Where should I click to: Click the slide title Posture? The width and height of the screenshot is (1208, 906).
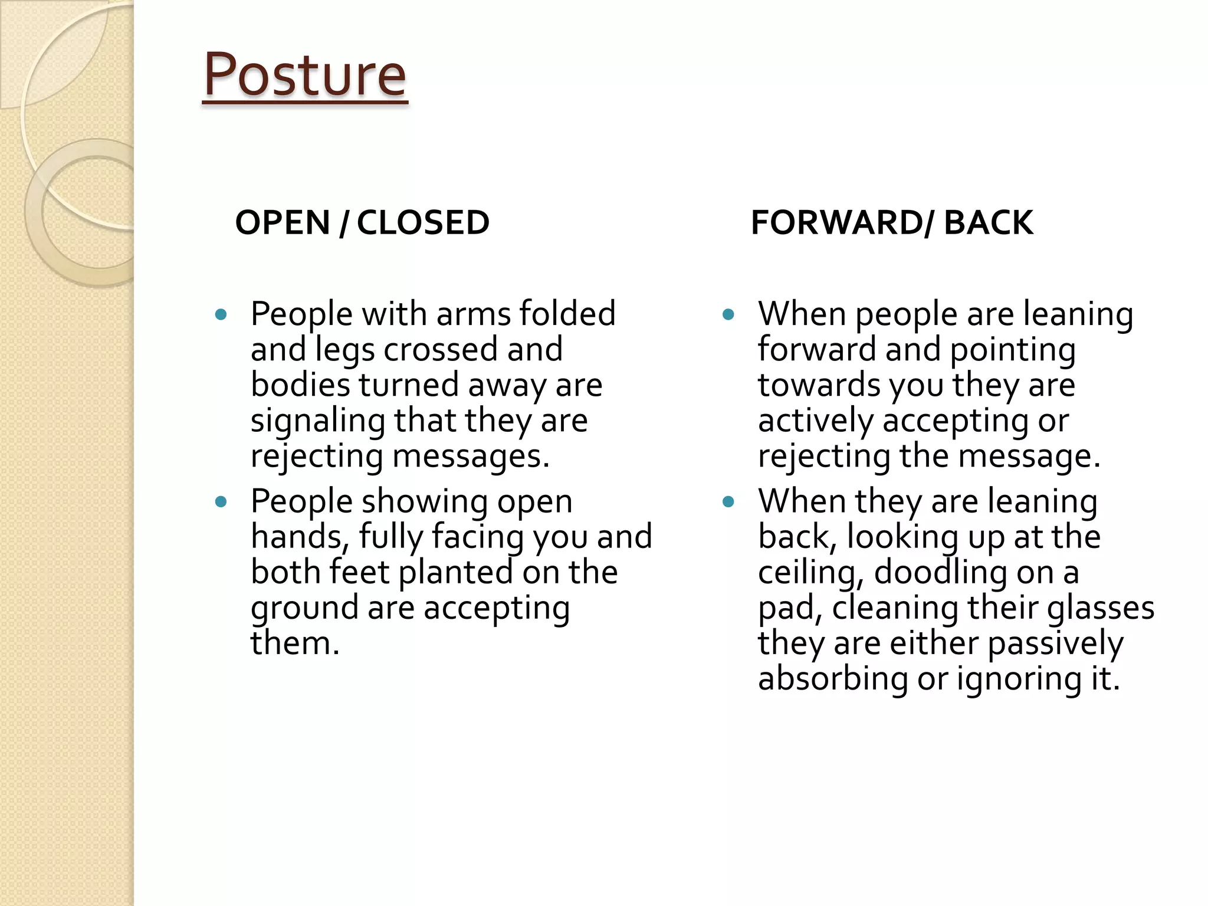tap(304, 75)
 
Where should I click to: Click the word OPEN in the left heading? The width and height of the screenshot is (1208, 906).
tap(283, 223)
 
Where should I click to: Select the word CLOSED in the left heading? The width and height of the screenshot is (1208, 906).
tap(423, 223)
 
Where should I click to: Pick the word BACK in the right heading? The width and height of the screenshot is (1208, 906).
tap(989, 223)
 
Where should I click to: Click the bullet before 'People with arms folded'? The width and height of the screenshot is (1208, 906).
tap(221, 314)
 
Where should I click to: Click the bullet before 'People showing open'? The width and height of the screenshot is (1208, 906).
tap(221, 502)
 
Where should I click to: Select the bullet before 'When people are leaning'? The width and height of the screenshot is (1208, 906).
tap(728, 314)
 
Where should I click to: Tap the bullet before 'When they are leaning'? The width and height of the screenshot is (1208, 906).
tap(728, 502)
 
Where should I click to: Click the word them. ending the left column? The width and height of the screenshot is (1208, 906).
tap(295, 643)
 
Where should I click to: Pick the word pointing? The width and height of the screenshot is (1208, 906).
tap(1013, 349)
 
